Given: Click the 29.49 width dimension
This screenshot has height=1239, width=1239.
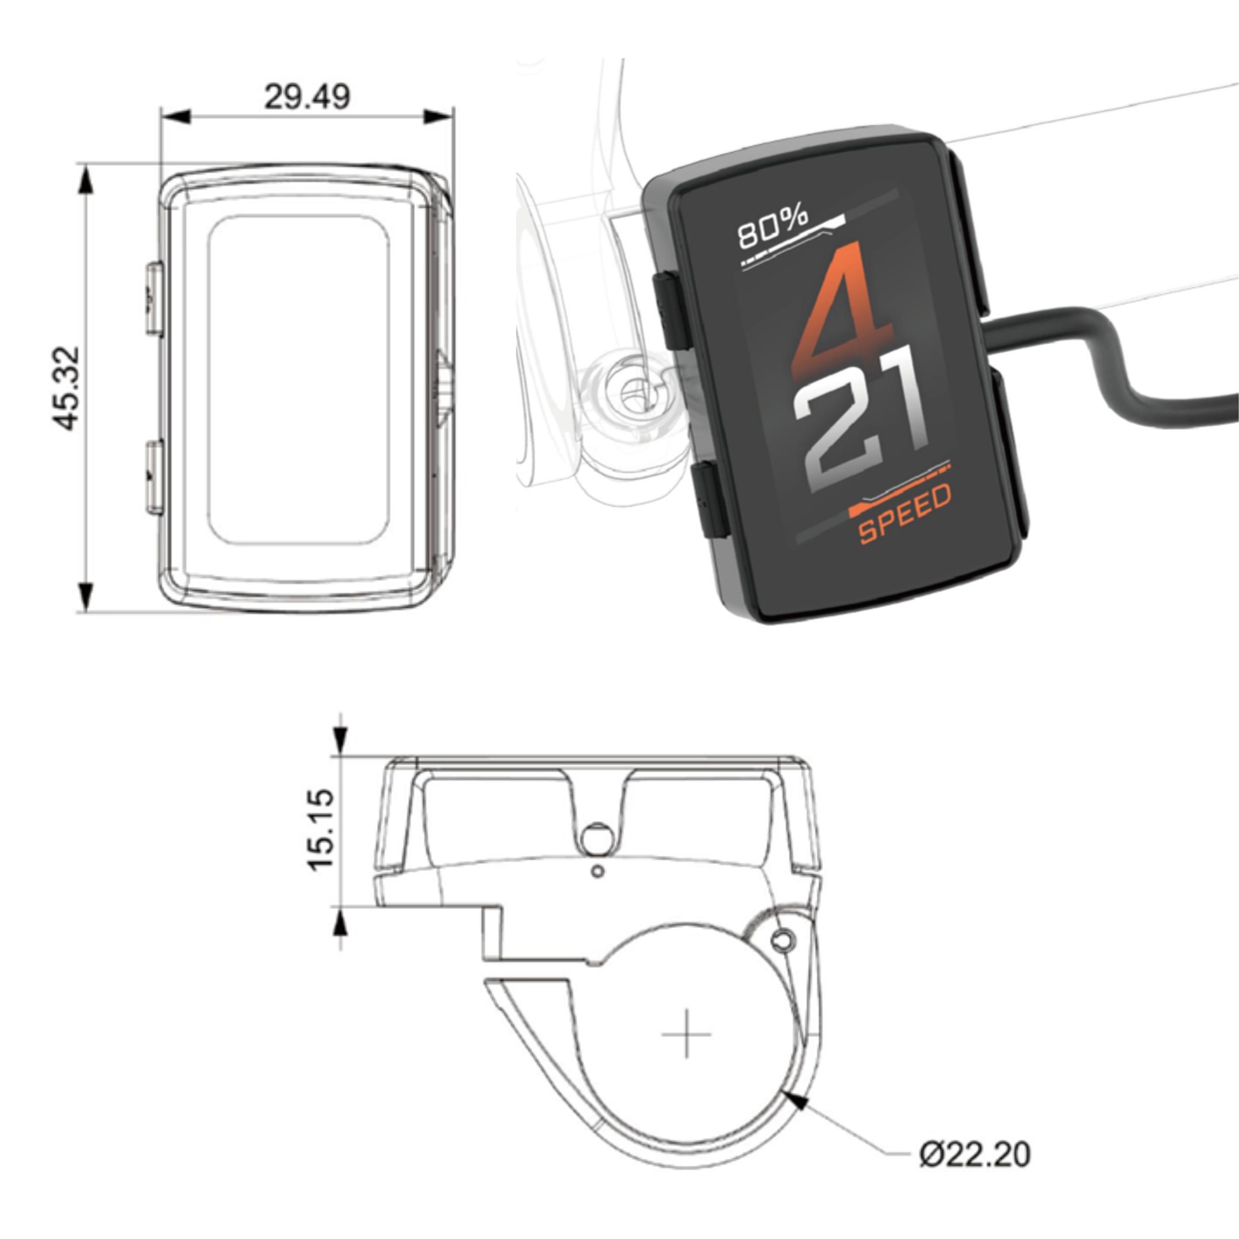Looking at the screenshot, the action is coord(307,97).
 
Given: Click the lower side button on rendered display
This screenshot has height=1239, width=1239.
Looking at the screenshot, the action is coord(710,501).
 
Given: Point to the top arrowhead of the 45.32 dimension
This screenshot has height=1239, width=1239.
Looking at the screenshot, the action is coord(85,178).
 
